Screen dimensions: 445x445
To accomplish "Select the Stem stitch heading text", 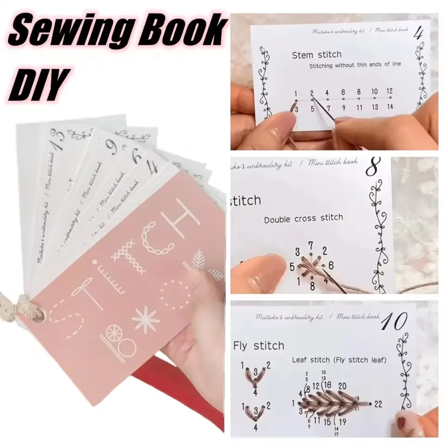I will [317, 55].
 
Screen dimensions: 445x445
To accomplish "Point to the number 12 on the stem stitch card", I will [389, 91].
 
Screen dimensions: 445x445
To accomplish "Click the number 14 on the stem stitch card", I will [389, 108].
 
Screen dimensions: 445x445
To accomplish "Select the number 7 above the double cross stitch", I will [311, 244].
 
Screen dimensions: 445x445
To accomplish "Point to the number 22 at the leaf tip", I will [378, 404].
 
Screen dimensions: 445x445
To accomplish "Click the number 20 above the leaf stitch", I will [343, 386].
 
